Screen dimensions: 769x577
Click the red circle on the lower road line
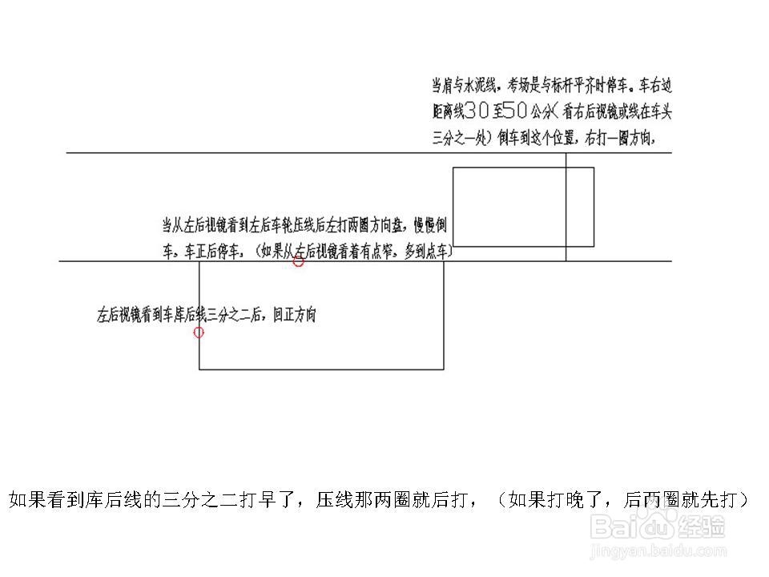[x=298, y=261]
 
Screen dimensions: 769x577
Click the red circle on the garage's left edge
[x=199, y=332]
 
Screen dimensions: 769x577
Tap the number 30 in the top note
[x=476, y=111]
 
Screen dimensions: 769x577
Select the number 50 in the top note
[x=513, y=111]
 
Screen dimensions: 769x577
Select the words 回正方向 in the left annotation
[x=294, y=315]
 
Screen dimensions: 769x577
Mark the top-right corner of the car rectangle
[x=594, y=167]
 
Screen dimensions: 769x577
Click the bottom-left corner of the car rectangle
[x=453, y=246]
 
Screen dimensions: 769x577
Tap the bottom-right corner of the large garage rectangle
[x=444, y=369]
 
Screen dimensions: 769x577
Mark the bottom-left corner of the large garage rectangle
[x=199, y=369]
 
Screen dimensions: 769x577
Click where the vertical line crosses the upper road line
[x=566, y=153]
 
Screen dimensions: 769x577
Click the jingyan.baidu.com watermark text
[x=657, y=551]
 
